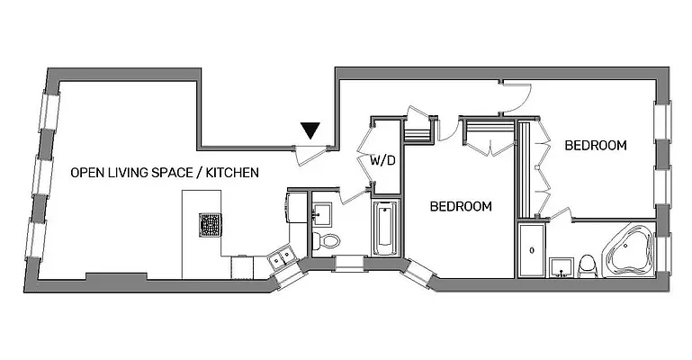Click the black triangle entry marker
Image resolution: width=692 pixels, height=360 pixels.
pyautogui.click(x=310, y=130)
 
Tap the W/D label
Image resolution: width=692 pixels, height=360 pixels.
pyautogui.click(x=383, y=160)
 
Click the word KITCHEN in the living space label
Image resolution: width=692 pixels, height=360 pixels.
pyautogui.click(x=232, y=171)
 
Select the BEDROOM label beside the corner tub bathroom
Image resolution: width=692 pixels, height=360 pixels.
pyautogui.click(x=595, y=145)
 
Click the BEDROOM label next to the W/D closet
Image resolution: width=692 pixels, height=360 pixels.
pyautogui.click(x=461, y=206)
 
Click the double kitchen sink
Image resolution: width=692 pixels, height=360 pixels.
pyautogui.click(x=282, y=259)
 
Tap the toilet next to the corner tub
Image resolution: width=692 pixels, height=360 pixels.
pyautogui.click(x=587, y=265)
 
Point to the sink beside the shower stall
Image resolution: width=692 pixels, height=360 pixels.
pyautogui.click(x=562, y=268)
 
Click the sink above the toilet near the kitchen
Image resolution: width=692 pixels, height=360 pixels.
pyautogui.click(x=321, y=213)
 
